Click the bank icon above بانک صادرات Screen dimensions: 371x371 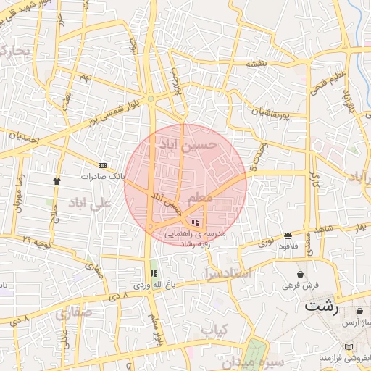tap(101, 165)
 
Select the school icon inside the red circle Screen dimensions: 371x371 tap(194, 222)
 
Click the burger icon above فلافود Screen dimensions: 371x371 tap(288, 235)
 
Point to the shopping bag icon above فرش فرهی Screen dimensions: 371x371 tap(301, 274)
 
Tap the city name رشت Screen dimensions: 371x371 tap(322, 304)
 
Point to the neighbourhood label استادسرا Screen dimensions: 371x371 tap(228, 274)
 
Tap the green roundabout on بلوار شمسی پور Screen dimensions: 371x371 tap(150, 99)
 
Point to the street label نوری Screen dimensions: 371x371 tap(266, 239)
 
